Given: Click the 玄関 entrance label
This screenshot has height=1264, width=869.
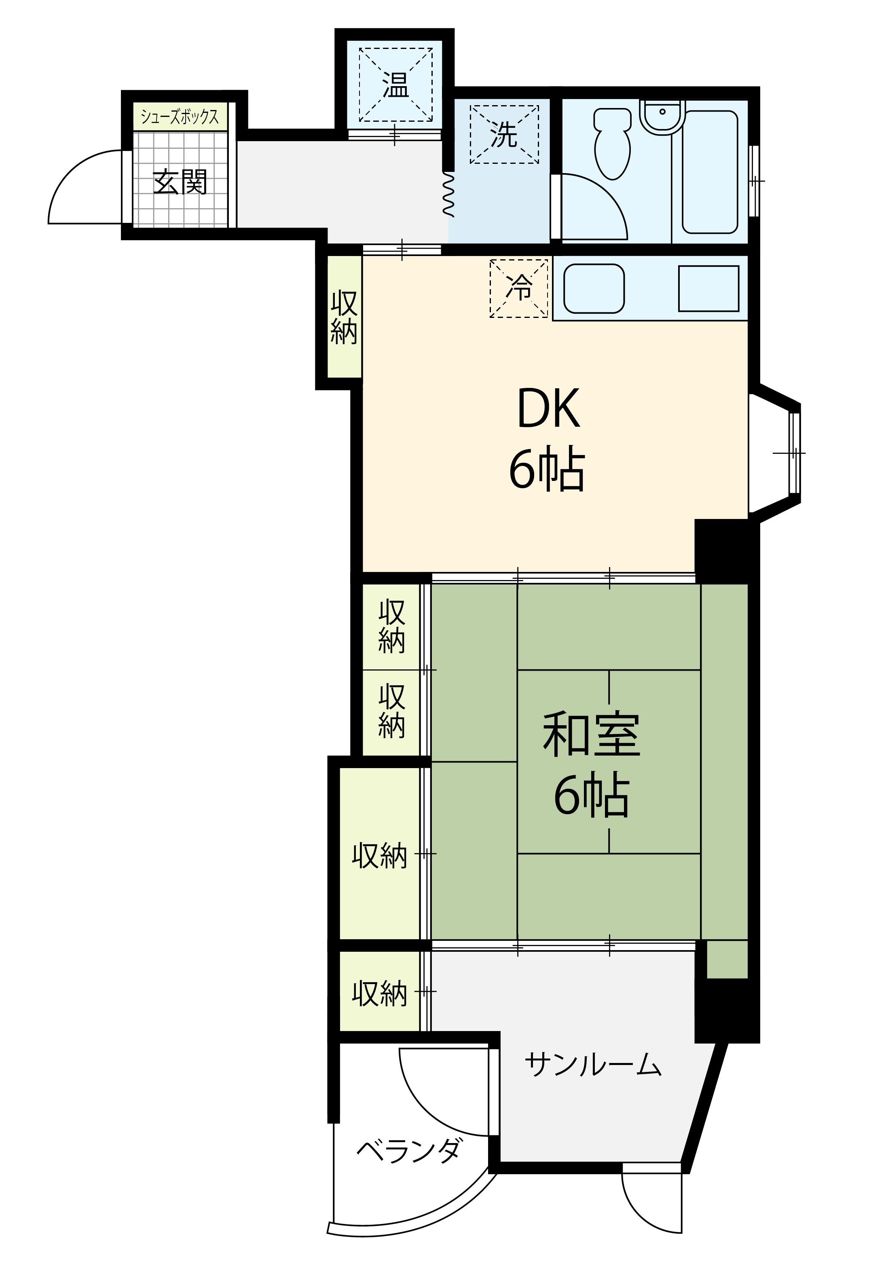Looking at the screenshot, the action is pos(180,182).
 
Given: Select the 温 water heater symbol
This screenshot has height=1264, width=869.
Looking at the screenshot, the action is pos(396,85).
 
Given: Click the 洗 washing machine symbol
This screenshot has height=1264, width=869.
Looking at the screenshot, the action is pos(504,135).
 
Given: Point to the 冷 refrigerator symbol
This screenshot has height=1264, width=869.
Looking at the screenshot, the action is pos(519,288).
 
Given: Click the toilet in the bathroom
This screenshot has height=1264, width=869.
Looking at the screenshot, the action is pos(613,143).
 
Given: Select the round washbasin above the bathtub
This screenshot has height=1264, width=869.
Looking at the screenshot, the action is pos(662,116).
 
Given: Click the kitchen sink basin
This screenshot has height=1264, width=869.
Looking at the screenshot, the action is pos(594,289).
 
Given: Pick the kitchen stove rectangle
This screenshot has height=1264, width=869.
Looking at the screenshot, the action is pos(708,289).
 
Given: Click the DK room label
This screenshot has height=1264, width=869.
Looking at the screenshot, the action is pos(548,409).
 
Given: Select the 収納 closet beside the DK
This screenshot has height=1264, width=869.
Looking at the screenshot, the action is pos(344,318).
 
